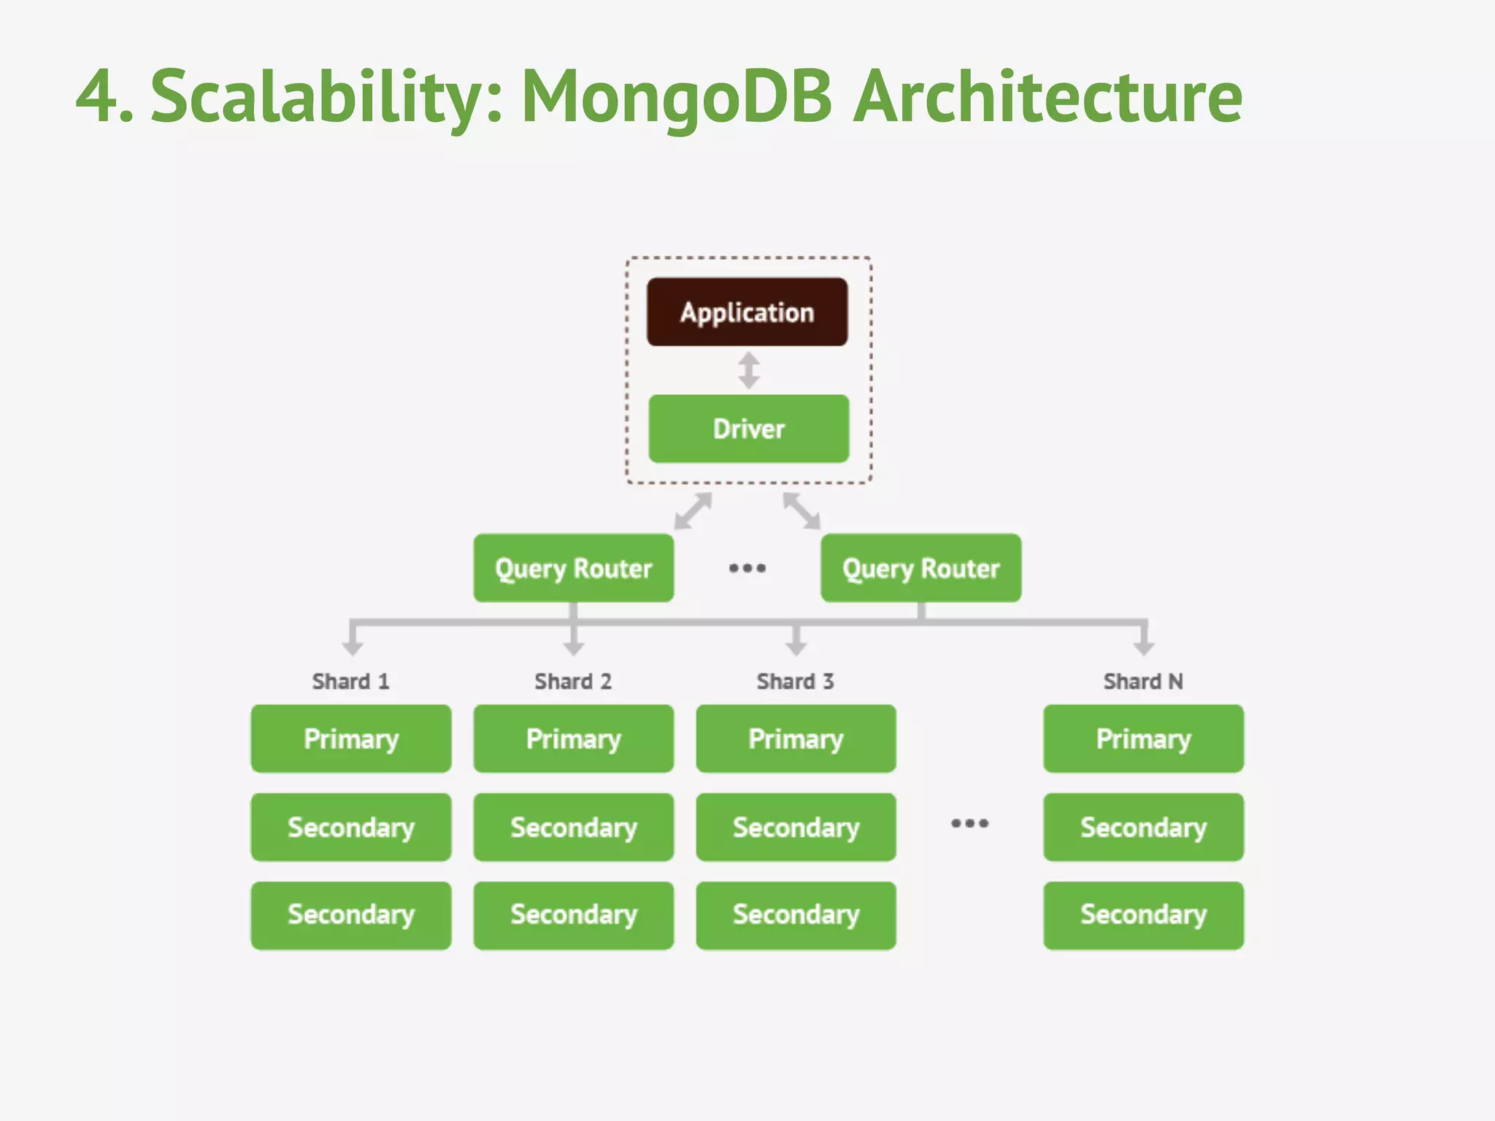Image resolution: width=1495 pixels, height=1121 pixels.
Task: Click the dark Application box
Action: pyautogui.click(x=747, y=312)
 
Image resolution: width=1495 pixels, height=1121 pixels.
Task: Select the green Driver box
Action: pyautogui.click(x=748, y=428)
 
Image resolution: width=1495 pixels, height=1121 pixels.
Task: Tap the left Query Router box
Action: pyautogui.click(x=573, y=568)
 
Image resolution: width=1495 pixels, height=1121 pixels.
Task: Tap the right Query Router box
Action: pyautogui.click(x=921, y=568)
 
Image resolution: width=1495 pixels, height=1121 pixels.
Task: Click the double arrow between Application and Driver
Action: pyautogui.click(x=748, y=370)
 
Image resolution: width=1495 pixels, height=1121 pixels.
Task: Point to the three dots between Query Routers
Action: pyautogui.click(x=747, y=568)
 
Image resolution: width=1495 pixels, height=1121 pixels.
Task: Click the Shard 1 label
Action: pyautogui.click(x=350, y=681)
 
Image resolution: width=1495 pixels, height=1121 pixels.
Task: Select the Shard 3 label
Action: pyautogui.click(x=795, y=681)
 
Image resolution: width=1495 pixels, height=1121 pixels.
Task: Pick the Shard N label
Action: pyautogui.click(x=1142, y=681)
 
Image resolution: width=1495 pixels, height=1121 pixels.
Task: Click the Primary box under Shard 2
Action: pyautogui.click(x=573, y=739)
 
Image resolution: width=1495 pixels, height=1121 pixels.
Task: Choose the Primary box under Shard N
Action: pyautogui.click(x=1143, y=739)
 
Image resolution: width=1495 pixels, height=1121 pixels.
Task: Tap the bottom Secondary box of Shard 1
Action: pyautogui.click(x=350, y=915)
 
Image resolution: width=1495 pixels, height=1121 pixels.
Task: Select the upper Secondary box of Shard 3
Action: pyautogui.click(x=796, y=827)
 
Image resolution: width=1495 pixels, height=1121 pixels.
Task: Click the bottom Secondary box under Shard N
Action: pyautogui.click(x=1143, y=915)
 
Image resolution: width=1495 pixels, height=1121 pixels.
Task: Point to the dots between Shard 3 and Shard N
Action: pyautogui.click(x=969, y=823)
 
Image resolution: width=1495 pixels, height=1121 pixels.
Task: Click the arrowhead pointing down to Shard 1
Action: pyautogui.click(x=353, y=647)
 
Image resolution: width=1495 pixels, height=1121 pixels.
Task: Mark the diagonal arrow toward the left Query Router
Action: pyautogui.click(x=693, y=511)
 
